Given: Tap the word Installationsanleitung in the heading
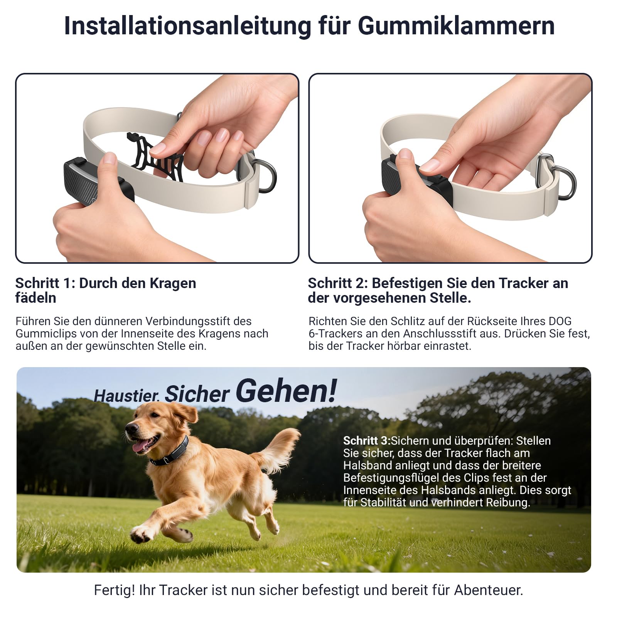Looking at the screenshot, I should (x=187, y=26).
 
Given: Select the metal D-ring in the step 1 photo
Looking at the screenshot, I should (x=268, y=175).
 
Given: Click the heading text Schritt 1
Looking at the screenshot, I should (x=45, y=283).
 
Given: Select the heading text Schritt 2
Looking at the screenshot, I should (x=337, y=283).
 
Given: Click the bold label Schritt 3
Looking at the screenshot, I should (x=366, y=441).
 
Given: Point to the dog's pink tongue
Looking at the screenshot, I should (x=140, y=446).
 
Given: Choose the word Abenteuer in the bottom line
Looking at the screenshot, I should (x=488, y=590).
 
